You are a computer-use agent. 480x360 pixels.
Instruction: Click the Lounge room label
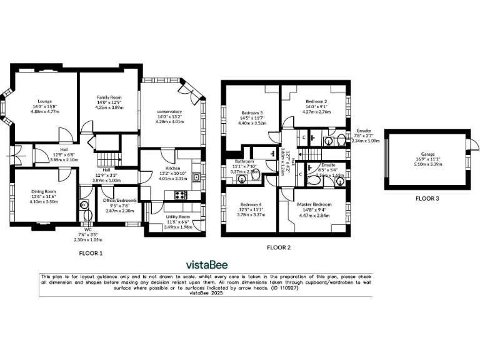pos(44,101)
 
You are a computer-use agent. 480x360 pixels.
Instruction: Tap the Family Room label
pos(109,98)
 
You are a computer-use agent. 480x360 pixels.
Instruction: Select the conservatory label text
pos(169,112)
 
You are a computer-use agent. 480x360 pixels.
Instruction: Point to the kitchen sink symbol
pos(196,177)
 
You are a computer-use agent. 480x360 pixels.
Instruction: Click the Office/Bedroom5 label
pos(119,200)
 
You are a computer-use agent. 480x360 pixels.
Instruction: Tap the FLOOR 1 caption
pos(91,254)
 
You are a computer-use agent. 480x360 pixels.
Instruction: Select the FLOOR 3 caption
pos(427,199)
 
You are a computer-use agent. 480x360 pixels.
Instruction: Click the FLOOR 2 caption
pos(279,247)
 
